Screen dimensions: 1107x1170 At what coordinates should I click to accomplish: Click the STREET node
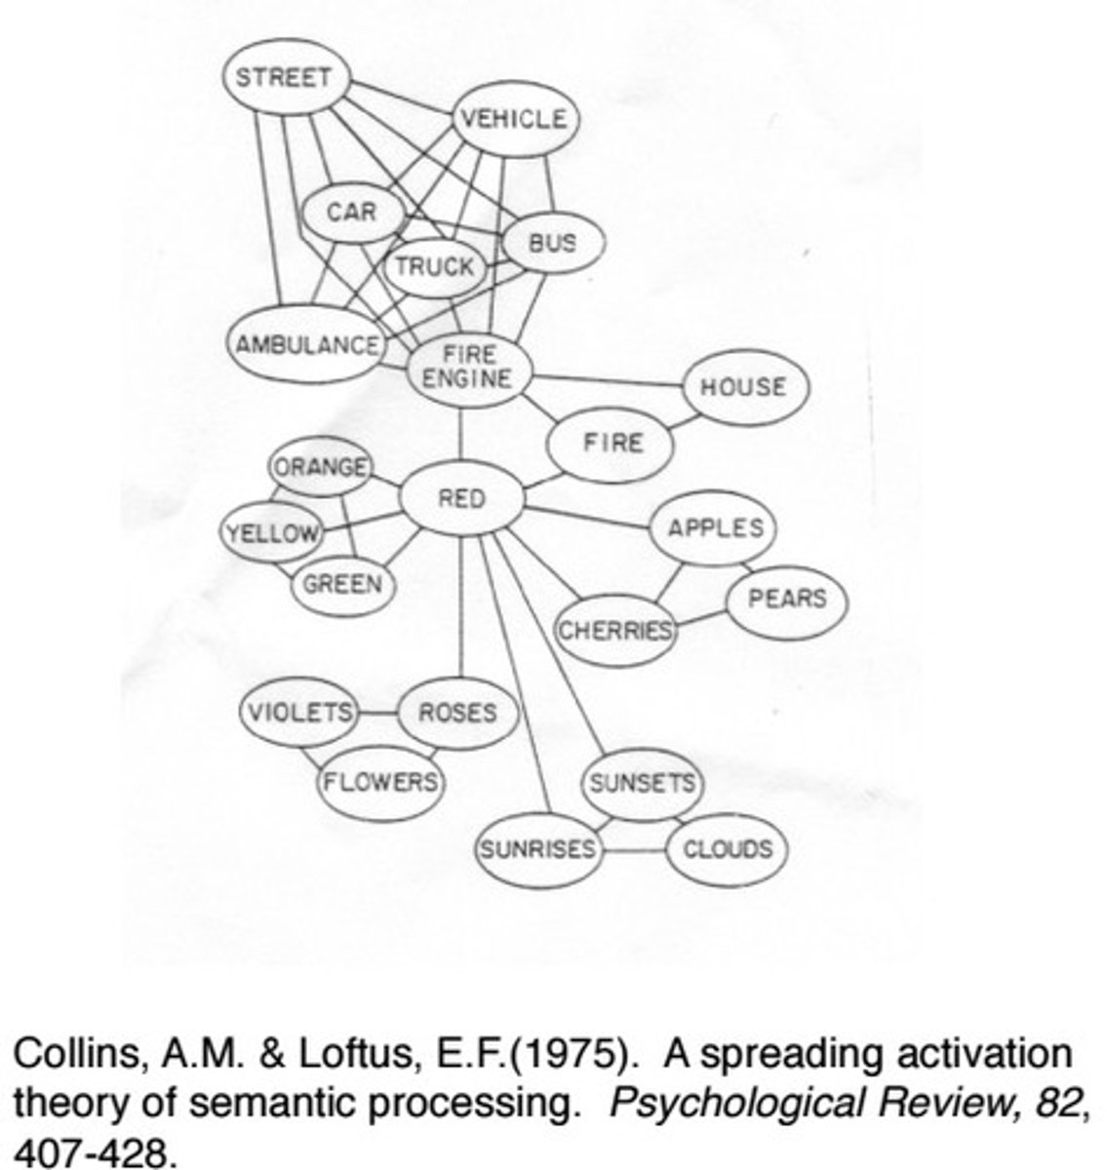(x=285, y=77)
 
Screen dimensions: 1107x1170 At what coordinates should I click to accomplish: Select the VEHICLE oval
(x=513, y=119)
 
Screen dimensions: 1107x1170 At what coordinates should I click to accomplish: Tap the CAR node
(x=351, y=211)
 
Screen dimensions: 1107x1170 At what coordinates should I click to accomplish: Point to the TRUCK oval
(x=434, y=265)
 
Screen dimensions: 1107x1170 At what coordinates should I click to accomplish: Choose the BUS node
(x=553, y=242)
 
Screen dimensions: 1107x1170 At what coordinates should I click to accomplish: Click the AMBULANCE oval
(x=306, y=345)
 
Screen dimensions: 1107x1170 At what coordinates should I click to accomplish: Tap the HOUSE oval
(x=743, y=387)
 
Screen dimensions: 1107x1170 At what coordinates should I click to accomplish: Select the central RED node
(x=461, y=499)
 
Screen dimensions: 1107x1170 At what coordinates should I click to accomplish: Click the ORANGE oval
(x=320, y=467)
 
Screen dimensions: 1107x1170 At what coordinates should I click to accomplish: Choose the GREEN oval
(x=342, y=584)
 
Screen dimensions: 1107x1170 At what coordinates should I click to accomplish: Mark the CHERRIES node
(x=615, y=630)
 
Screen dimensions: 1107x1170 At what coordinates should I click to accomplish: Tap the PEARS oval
(x=786, y=598)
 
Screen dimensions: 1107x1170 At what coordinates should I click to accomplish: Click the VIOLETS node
(x=299, y=712)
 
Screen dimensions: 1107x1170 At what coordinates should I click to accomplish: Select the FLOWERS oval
(x=381, y=782)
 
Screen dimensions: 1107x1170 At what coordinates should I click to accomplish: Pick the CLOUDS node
(x=727, y=848)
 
